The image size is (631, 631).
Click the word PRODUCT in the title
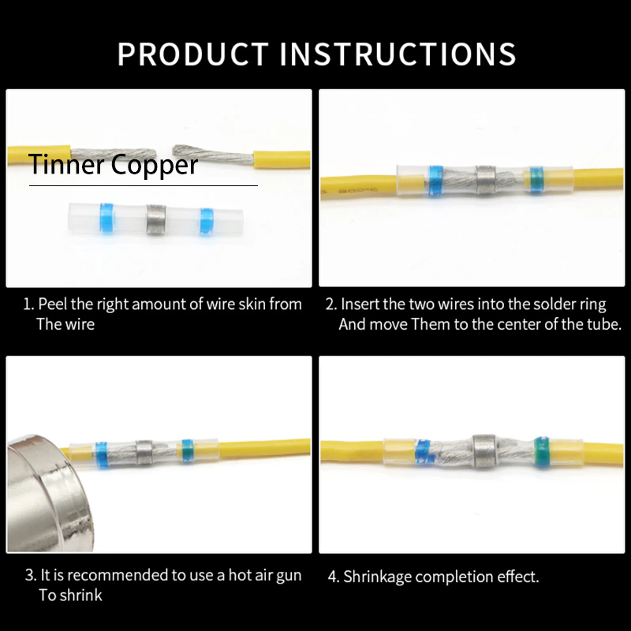tap(193, 54)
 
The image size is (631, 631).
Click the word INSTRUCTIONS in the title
tap(398, 54)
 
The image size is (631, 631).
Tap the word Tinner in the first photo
tap(66, 164)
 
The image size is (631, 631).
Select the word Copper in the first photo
tap(155, 166)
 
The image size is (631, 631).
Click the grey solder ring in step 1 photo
tap(155, 219)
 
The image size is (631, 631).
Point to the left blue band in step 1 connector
tap(106, 218)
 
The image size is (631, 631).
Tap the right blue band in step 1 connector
tap(206, 222)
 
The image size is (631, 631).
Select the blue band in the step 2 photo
tap(436, 181)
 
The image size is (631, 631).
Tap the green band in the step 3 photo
tap(187, 450)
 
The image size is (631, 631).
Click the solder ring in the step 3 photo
tap(144, 452)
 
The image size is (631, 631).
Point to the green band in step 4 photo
tap(542, 450)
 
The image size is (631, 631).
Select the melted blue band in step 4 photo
tap(423, 452)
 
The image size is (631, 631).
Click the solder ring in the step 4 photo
tap(484, 450)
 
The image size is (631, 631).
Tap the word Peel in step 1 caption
tap(52, 304)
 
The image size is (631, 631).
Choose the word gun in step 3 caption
tap(289, 577)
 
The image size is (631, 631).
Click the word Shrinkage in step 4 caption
tap(377, 577)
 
